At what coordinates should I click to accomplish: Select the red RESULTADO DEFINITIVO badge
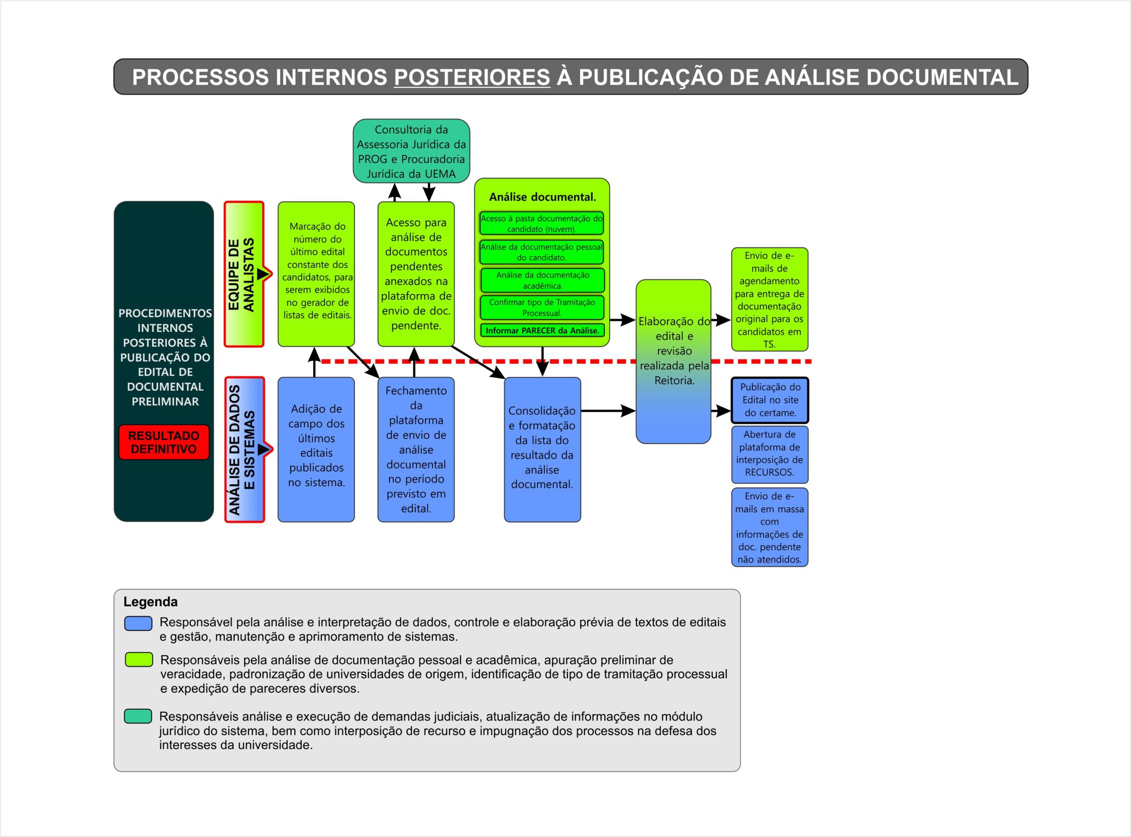pyautogui.click(x=164, y=442)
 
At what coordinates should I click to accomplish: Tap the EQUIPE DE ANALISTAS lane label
pyautogui.click(x=243, y=274)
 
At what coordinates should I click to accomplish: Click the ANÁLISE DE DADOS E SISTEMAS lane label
pyautogui.click(x=244, y=449)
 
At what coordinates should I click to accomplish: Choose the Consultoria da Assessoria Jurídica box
pyautogui.click(x=411, y=151)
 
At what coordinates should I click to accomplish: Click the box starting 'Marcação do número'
pyautogui.click(x=316, y=274)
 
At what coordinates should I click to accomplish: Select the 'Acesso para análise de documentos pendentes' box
pyautogui.click(x=416, y=274)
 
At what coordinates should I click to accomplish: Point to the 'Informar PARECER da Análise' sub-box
pyautogui.click(x=542, y=331)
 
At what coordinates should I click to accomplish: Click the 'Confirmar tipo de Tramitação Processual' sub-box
pyautogui.click(x=542, y=308)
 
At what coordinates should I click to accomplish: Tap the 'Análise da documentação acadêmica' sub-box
pyautogui.click(x=542, y=280)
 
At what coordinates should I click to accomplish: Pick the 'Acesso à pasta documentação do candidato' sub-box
pyautogui.click(x=542, y=223)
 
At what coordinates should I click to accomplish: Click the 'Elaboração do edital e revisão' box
pyautogui.click(x=673, y=361)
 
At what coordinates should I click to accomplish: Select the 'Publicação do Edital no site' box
pyautogui.click(x=770, y=400)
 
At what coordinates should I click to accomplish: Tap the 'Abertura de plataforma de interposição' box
pyautogui.click(x=770, y=454)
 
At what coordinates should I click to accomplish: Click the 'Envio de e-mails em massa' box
pyautogui.click(x=770, y=528)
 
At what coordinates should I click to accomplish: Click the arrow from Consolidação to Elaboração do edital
pyautogui.click(x=607, y=411)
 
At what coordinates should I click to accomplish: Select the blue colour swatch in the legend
pyautogui.click(x=138, y=624)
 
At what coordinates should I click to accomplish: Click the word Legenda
pyautogui.click(x=151, y=602)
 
